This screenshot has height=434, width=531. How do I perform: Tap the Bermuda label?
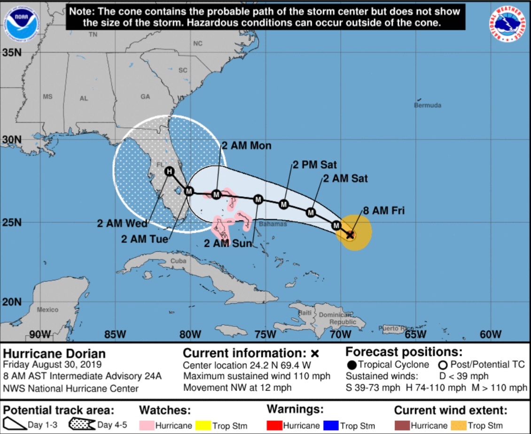(x=427, y=105)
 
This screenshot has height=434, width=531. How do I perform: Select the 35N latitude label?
(x=12, y=53)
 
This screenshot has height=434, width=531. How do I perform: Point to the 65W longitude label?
(x=415, y=334)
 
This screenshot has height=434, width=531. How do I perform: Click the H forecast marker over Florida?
(x=169, y=172)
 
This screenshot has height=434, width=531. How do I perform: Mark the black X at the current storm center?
(x=350, y=234)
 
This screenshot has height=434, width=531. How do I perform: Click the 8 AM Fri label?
(x=383, y=211)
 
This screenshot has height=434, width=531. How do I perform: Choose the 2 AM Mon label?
(x=246, y=146)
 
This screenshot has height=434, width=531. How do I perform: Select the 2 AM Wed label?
(x=122, y=224)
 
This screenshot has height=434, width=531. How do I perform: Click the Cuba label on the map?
(x=179, y=261)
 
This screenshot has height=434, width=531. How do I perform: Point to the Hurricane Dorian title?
(x=55, y=354)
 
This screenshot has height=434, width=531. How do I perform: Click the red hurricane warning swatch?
(x=274, y=426)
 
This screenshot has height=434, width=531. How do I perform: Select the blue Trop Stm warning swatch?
(x=332, y=426)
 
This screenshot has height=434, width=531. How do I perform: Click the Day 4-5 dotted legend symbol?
(x=82, y=425)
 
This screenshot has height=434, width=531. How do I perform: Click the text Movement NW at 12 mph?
(x=237, y=388)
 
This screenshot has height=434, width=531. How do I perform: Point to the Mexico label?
(x=47, y=310)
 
